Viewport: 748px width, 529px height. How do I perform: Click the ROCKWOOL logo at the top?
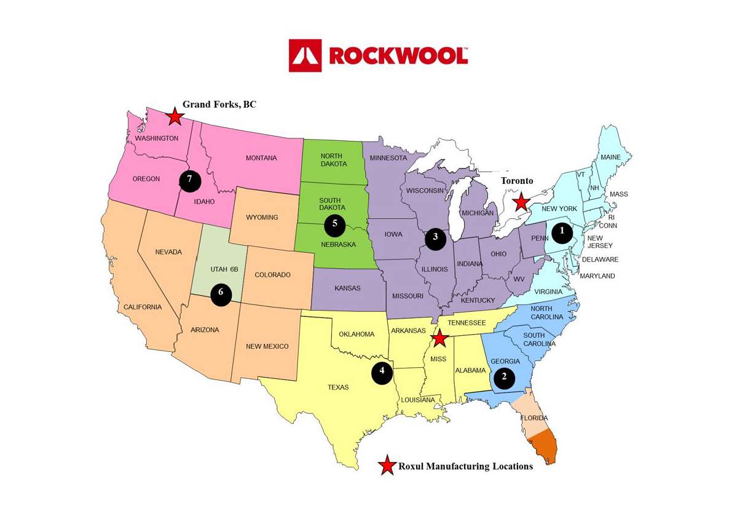click(x=379, y=55)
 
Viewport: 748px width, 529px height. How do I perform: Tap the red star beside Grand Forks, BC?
click(x=175, y=116)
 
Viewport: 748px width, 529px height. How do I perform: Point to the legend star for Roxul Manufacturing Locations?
click(x=387, y=466)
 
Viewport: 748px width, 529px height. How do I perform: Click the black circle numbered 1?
click(x=562, y=232)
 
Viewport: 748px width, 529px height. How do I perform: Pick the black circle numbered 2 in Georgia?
click(x=504, y=377)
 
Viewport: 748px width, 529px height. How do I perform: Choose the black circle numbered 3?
click(x=435, y=237)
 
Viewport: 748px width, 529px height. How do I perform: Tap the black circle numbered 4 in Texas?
click(x=382, y=372)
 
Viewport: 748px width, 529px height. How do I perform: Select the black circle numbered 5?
click(x=335, y=224)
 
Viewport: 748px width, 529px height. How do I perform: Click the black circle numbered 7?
click(x=190, y=180)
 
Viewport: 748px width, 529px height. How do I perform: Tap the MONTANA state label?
click(x=261, y=158)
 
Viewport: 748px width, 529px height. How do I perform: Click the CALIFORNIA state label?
click(x=142, y=307)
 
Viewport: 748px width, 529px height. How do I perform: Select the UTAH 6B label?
click(x=219, y=269)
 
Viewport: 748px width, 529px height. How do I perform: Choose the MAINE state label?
click(x=610, y=157)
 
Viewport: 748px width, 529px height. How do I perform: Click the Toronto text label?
click(x=517, y=181)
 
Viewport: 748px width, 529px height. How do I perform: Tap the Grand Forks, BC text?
click(x=219, y=105)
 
